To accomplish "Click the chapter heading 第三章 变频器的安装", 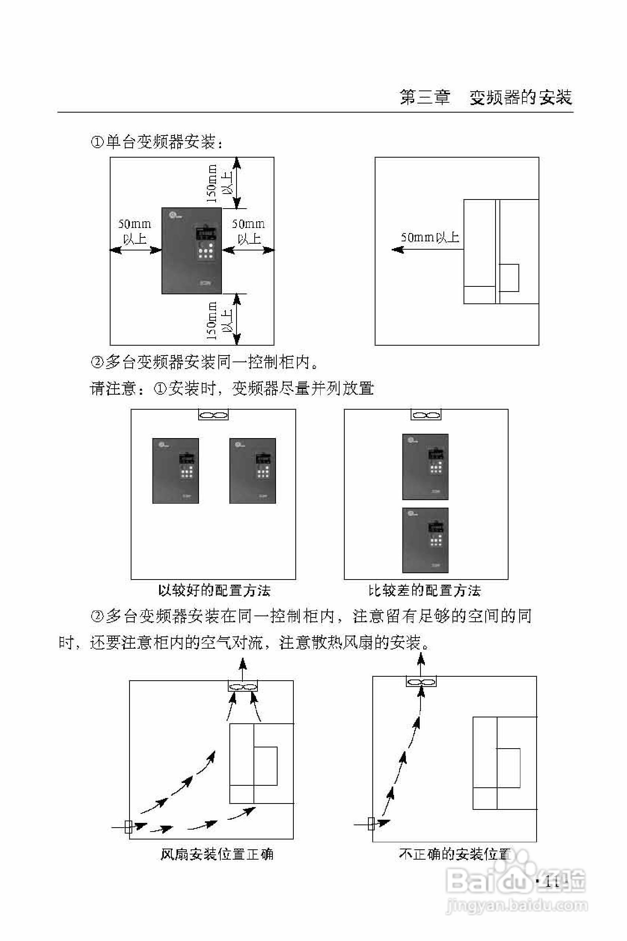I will click(x=485, y=97).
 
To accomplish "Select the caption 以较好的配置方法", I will click(x=214, y=591).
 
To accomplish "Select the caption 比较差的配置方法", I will click(x=424, y=591).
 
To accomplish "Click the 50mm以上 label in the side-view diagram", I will click(x=430, y=238).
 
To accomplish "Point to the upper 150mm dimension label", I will click(x=212, y=183).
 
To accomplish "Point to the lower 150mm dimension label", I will click(x=212, y=321).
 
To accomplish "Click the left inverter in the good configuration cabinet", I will click(x=176, y=471).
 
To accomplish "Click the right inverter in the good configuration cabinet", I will click(x=252, y=471).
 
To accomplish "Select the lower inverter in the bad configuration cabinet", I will click(x=425, y=540).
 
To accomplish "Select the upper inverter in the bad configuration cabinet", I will click(x=425, y=467).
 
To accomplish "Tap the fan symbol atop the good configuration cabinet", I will click(x=214, y=415).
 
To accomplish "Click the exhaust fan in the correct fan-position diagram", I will click(x=243, y=687).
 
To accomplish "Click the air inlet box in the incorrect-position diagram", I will click(x=371, y=824).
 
